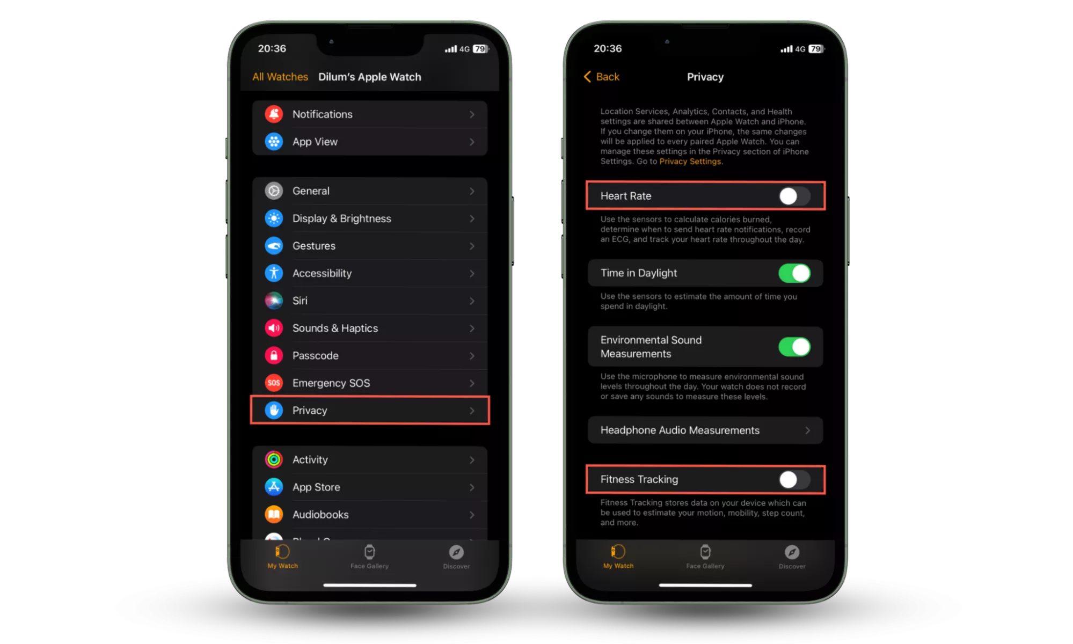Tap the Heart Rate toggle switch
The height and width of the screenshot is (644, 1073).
tap(794, 196)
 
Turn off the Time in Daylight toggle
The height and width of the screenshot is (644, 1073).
tap(794, 273)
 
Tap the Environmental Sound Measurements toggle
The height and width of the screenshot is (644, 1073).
tap(794, 347)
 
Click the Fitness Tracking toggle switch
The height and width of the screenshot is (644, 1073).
tap(794, 479)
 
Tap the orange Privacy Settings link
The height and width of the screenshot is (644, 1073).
tap(690, 162)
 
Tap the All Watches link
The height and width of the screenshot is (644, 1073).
tap(280, 77)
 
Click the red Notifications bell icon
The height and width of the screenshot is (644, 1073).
tap(274, 114)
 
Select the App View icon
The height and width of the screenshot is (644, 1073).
tap(274, 142)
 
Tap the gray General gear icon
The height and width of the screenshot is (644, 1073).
tap(274, 191)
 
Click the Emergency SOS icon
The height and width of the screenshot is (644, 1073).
tap(274, 383)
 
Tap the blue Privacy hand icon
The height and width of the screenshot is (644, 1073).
tap(274, 411)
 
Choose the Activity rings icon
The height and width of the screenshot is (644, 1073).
tap(274, 459)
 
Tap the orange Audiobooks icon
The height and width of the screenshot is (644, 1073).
tap(274, 514)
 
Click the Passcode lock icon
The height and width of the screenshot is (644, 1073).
tap(274, 355)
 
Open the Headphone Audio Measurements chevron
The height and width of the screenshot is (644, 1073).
tap(807, 430)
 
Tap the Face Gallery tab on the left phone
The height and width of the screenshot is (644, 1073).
tap(369, 557)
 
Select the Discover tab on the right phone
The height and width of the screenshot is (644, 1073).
tap(792, 557)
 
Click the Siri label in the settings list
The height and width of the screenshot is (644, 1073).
tap(300, 301)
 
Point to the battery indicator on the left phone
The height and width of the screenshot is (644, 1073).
tap(480, 49)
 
